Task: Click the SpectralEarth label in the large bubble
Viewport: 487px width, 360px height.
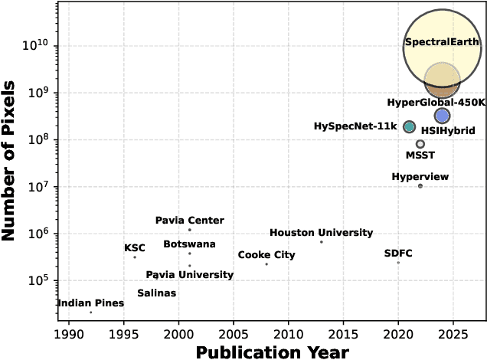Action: (x=442, y=42)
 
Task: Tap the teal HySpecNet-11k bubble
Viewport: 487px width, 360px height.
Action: (x=409, y=126)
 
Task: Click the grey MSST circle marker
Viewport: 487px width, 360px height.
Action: (x=420, y=144)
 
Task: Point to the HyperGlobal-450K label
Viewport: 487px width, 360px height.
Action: (x=436, y=102)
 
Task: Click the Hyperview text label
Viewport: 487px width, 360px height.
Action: (x=420, y=177)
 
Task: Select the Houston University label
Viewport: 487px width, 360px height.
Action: (x=321, y=233)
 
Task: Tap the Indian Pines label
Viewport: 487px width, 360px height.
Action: (x=90, y=303)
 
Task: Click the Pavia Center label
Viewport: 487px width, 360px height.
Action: (x=189, y=221)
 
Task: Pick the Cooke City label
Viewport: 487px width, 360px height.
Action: (x=266, y=255)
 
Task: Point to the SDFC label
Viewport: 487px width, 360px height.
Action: (x=398, y=253)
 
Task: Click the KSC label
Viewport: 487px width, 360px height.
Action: (x=135, y=248)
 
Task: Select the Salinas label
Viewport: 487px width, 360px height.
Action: (x=156, y=293)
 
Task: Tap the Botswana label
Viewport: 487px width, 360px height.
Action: (x=189, y=244)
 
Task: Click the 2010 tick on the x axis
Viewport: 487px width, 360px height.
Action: (x=288, y=335)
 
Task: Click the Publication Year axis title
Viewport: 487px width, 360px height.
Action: (x=272, y=352)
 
